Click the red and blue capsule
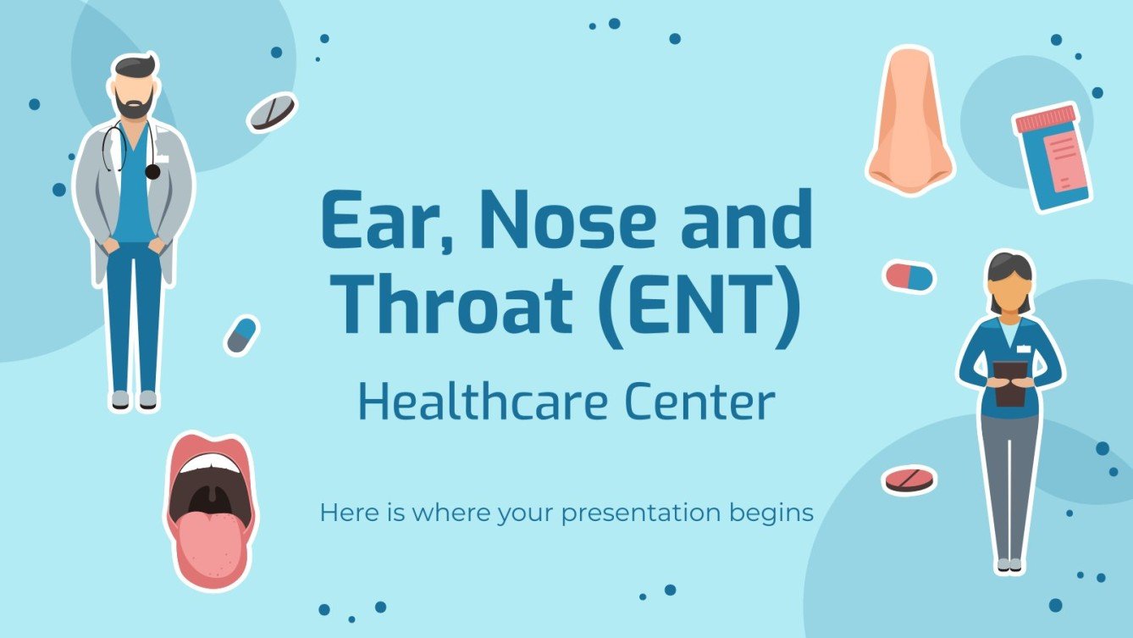909,276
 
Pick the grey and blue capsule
241,335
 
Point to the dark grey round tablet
272,112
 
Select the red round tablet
909,480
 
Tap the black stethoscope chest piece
152,172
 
